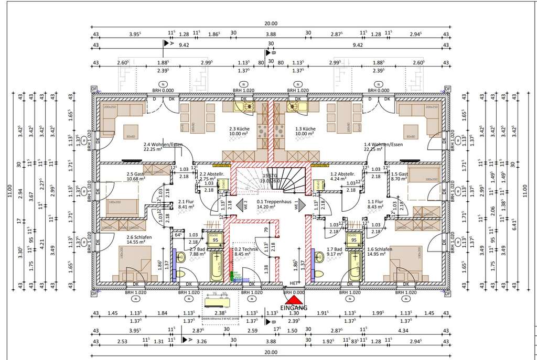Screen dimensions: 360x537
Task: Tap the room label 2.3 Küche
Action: [239, 128]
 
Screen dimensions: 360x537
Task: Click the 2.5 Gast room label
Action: [135, 174]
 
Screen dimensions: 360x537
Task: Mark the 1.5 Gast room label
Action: [400, 174]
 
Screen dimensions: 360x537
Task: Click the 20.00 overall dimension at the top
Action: [271, 24]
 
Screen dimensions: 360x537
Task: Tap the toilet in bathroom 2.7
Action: [181, 257]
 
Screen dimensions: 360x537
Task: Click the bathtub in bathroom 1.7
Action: [355, 266]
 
